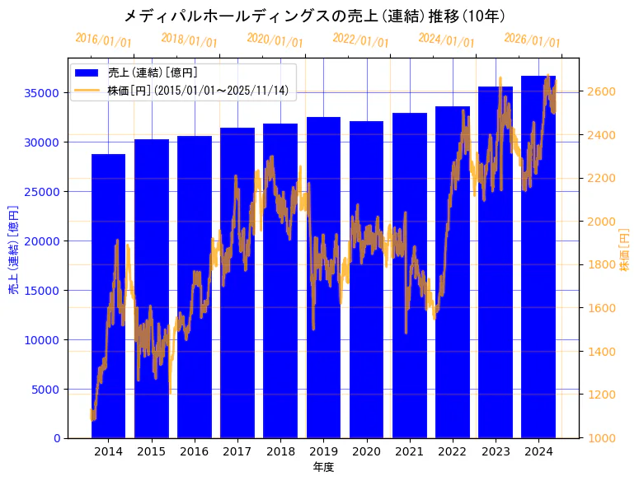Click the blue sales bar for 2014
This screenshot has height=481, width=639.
(108, 297)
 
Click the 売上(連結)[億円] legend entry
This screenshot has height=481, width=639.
(153, 72)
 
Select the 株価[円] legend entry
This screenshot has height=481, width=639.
(198, 91)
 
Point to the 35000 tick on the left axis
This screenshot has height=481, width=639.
(41, 93)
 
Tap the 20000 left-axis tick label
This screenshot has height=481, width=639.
(41, 240)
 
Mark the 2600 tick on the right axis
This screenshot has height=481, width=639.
(601, 91)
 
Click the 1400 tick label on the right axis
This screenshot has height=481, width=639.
(601, 352)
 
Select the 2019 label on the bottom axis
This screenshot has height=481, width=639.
(323, 451)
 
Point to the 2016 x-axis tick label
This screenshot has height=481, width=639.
(194, 451)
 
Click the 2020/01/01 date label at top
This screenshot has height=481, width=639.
(275, 40)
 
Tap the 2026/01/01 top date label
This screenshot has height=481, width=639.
(532, 40)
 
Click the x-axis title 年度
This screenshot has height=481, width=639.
(323, 467)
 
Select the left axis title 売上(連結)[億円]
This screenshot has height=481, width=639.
(13, 248)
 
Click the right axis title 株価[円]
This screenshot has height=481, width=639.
(624, 250)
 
